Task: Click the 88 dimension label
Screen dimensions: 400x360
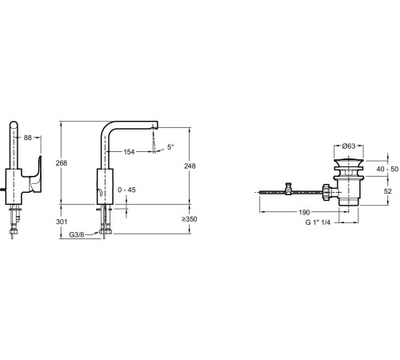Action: click(x=28, y=138)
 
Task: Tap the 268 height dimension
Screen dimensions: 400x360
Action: click(x=62, y=163)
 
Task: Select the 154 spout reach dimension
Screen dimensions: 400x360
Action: click(x=129, y=152)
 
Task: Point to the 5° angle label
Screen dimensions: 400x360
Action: click(x=170, y=146)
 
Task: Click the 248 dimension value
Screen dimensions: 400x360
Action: click(x=190, y=166)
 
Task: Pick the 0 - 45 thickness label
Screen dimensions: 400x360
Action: click(x=126, y=190)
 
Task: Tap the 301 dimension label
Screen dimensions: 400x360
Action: click(x=62, y=222)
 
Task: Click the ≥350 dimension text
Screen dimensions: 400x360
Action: click(x=190, y=219)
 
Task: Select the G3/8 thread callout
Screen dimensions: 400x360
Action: click(x=77, y=234)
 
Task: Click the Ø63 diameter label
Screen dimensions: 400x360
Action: click(x=349, y=146)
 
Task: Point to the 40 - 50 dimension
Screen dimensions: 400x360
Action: click(x=387, y=169)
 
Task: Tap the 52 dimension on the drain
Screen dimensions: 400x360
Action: click(x=388, y=191)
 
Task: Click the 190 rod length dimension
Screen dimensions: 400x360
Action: click(x=304, y=212)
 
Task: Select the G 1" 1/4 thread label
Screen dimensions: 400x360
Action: click(x=318, y=222)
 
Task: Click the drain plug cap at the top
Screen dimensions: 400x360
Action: click(x=349, y=162)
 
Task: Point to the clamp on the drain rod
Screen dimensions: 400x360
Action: click(x=288, y=189)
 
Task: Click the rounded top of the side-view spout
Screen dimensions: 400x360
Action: click(x=14, y=123)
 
